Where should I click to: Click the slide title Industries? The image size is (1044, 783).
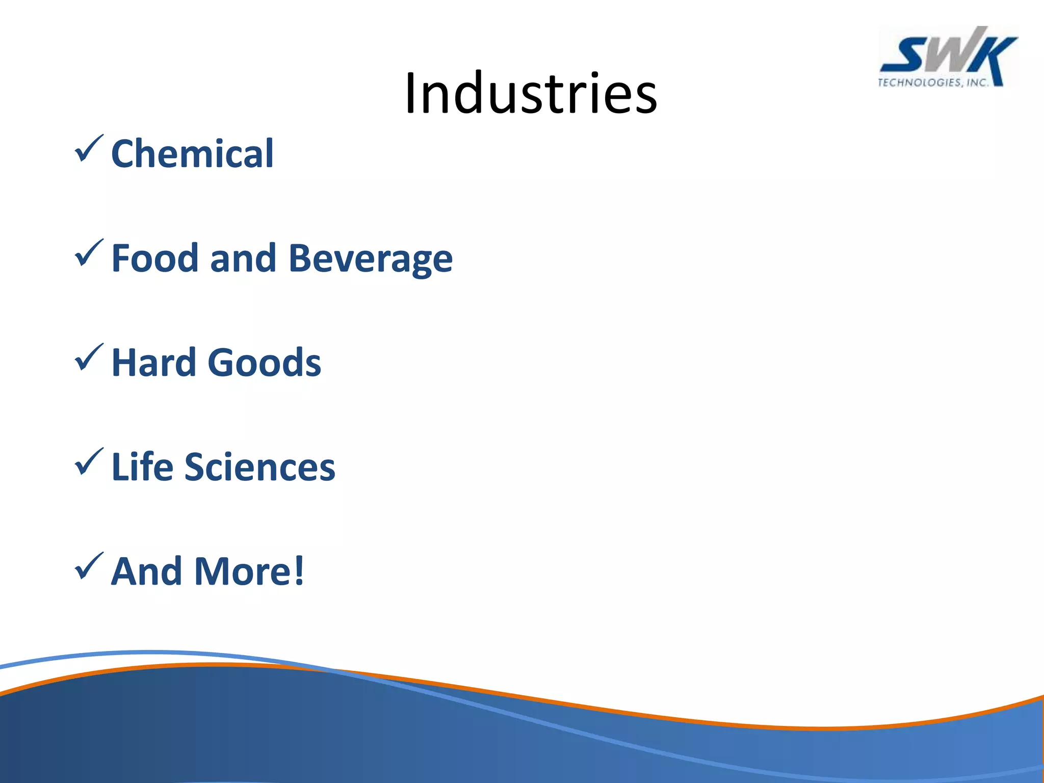click(531, 94)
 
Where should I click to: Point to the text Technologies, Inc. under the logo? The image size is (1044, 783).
click(932, 83)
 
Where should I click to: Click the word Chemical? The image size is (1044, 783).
click(192, 153)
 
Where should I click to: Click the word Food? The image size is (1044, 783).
click(154, 258)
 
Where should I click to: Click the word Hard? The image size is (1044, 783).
click(153, 362)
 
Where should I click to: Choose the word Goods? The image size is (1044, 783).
click(264, 362)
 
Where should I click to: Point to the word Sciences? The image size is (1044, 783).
click(259, 466)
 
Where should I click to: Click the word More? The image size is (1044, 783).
click(249, 571)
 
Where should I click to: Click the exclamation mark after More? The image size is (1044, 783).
click(299, 571)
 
